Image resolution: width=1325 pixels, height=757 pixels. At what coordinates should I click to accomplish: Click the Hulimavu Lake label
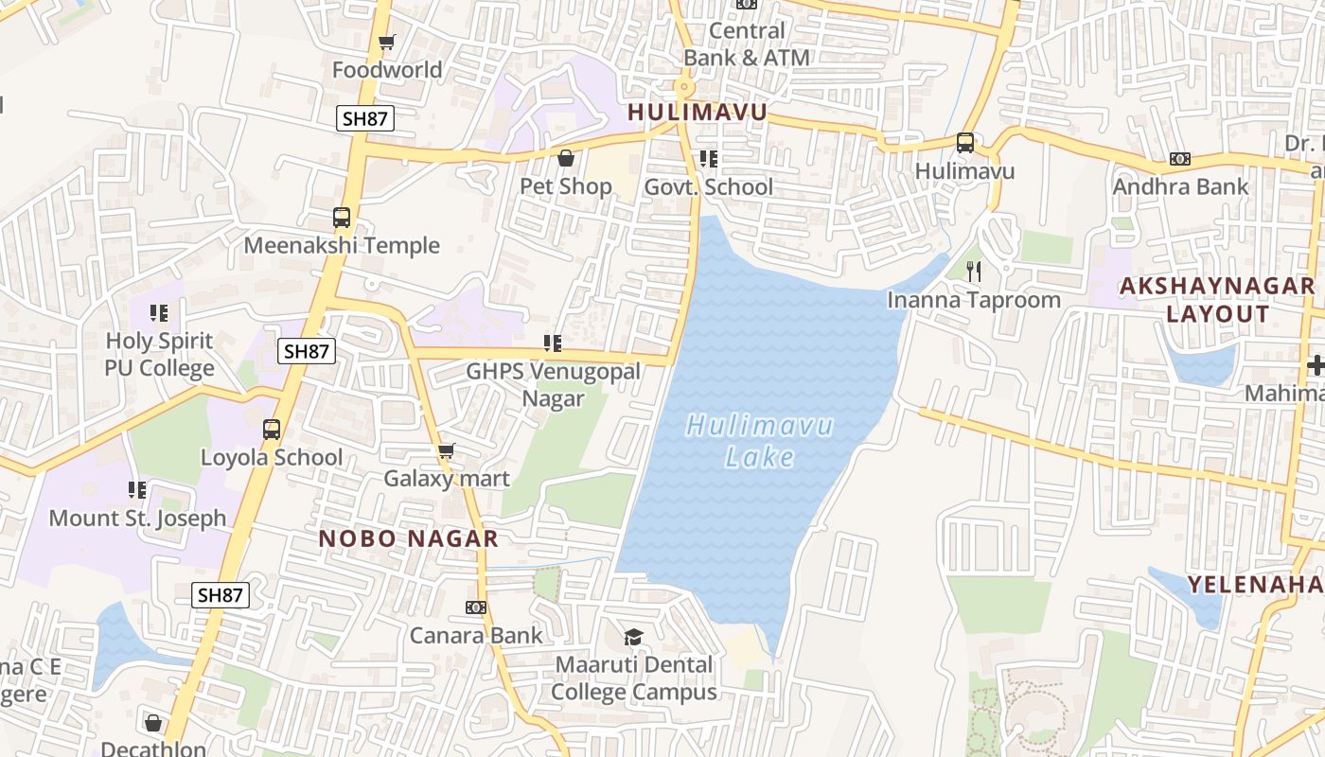[759, 441]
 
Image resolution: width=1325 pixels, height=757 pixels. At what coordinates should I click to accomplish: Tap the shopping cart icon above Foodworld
[386, 42]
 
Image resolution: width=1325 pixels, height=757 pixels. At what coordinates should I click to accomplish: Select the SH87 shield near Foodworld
[365, 118]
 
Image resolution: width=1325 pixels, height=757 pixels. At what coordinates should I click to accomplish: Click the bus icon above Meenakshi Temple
[342, 218]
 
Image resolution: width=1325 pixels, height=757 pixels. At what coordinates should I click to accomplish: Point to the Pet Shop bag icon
[566, 158]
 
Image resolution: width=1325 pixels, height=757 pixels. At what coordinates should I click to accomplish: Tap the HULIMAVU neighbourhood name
[697, 113]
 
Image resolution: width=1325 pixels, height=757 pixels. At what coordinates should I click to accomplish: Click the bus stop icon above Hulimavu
[964, 143]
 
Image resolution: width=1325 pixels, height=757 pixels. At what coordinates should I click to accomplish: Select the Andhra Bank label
[1180, 186]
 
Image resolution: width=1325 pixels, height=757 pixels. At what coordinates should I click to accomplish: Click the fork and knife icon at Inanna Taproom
[974, 273]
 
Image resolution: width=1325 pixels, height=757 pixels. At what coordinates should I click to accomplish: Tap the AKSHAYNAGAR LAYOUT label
[1217, 299]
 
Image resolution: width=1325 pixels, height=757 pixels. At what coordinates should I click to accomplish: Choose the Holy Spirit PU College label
[159, 354]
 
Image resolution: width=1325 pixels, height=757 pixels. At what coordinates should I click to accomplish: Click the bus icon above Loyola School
[272, 430]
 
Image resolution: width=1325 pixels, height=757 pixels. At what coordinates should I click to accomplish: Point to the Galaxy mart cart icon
[446, 450]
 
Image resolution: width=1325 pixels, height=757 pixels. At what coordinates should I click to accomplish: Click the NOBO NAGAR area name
[408, 539]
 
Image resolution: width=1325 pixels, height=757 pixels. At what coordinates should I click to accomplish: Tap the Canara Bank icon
[476, 607]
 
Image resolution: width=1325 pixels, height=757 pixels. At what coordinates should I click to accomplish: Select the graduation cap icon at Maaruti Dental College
[633, 637]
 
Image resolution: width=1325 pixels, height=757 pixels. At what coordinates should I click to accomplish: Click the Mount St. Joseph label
[137, 519]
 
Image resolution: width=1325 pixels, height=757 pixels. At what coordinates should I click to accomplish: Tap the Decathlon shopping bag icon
[153, 723]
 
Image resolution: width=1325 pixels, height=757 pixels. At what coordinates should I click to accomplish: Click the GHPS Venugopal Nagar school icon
[553, 343]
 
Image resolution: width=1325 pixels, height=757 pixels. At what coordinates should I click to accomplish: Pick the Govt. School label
[708, 187]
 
